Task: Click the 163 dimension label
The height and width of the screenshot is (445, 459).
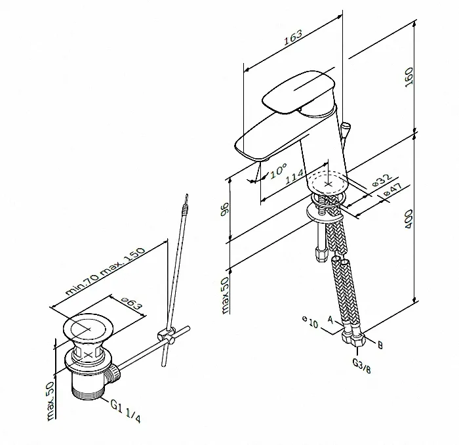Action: pyautogui.click(x=293, y=37)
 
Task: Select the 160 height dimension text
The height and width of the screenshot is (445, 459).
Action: pyautogui.click(x=409, y=77)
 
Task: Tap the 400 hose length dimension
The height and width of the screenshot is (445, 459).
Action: pyautogui.click(x=409, y=219)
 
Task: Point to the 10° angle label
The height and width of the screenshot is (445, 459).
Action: pyautogui.click(x=278, y=171)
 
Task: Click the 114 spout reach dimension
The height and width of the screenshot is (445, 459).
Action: pyautogui.click(x=294, y=177)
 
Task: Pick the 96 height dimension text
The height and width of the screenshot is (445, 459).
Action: pyautogui.click(x=225, y=209)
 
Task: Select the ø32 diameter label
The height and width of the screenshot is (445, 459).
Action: pyautogui.click(x=382, y=180)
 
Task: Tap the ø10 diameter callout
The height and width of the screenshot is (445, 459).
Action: pyautogui.click(x=310, y=322)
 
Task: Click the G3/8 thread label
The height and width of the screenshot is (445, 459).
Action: pyautogui.click(x=361, y=366)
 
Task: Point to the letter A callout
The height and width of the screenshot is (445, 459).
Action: pyautogui.click(x=330, y=320)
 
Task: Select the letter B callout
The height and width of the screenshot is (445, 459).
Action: pyautogui.click(x=380, y=345)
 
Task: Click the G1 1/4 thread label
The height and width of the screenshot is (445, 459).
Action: pyautogui.click(x=125, y=411)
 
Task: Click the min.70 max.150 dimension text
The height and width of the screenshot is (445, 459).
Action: pyautogui.click(x=105, y=271)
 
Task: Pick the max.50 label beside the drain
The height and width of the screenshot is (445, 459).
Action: pyautogui.click(x=50, y=401)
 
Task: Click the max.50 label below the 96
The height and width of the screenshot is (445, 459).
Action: pyautogui.click(x=225, y=295)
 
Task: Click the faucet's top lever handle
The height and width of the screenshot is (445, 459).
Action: pyautogui.click(x=298, y=92)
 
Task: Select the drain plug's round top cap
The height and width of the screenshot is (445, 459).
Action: pyautogui.click(x=88, y=328)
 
